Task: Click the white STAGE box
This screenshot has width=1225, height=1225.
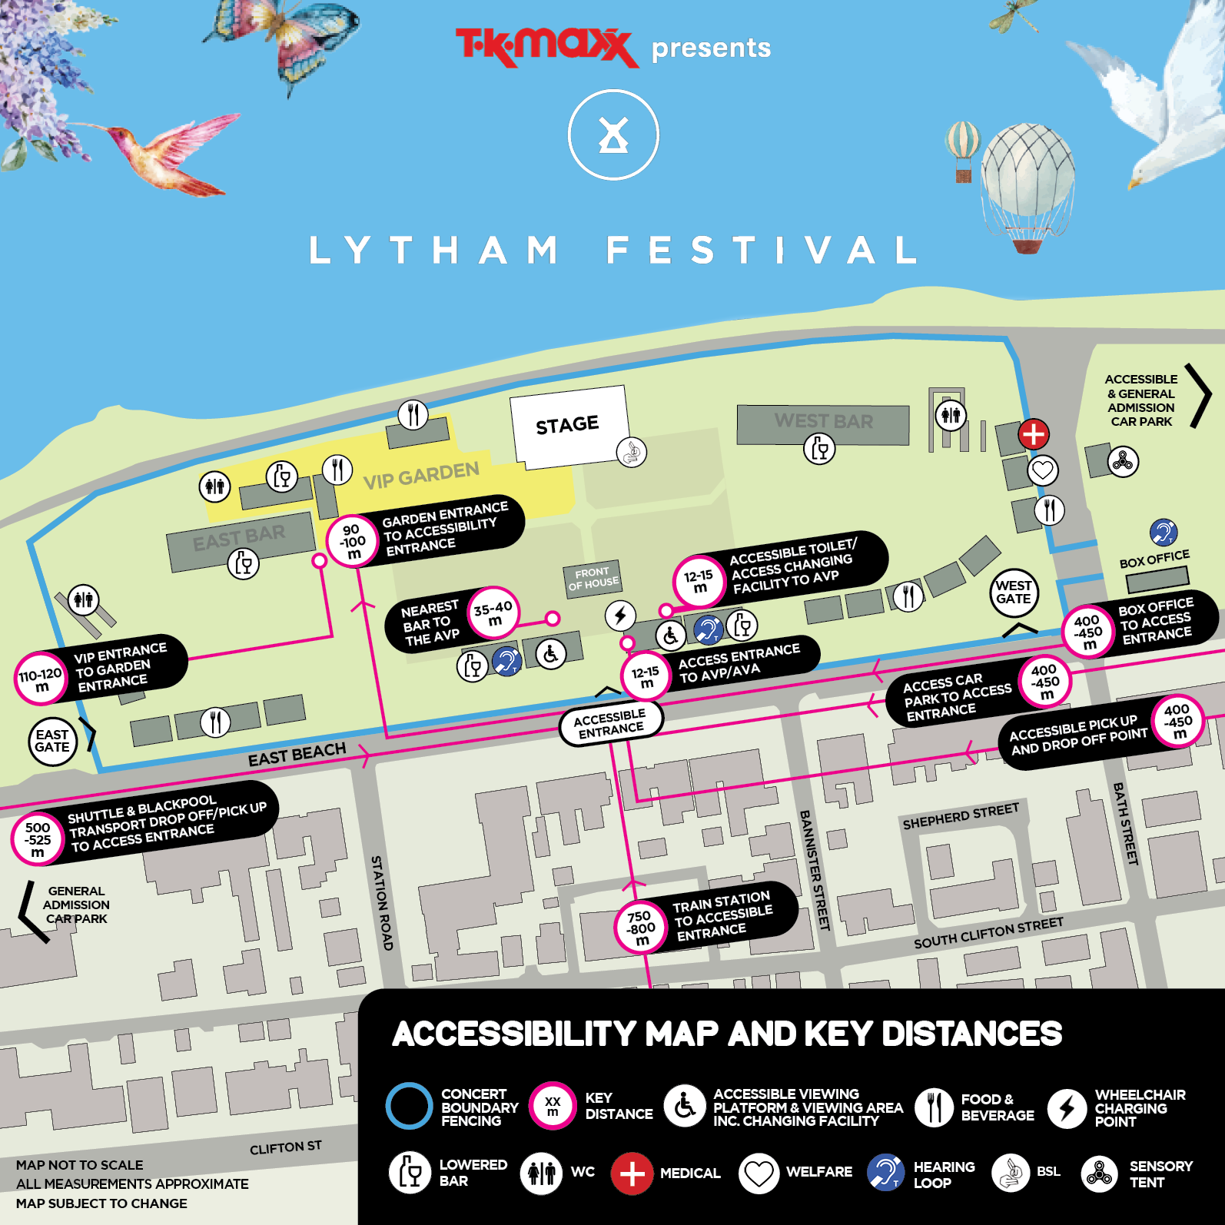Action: (x=568, y=425)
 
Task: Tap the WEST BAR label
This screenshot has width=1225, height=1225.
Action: (x=823, y=421)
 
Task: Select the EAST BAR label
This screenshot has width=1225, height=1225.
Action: (x=239, y=537)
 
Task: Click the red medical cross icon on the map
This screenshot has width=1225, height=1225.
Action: (x=1034, y=434)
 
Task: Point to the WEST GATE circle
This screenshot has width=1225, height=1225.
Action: (x=1014, y=593)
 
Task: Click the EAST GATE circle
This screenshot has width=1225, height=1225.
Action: (x=52, y=741)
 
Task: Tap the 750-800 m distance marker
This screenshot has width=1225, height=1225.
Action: (x=640, y=928)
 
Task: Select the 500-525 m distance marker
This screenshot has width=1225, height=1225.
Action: (x=37, y=839)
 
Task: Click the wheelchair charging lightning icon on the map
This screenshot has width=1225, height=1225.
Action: (x=620, y=615)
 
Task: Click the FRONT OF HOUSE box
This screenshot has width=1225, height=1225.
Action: (x=593, y=577)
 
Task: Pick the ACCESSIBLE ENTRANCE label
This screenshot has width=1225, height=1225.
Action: (x=611, y=723)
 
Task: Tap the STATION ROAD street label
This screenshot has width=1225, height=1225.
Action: (x=382, y=902)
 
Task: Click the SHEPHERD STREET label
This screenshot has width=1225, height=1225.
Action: (x=961, y=816)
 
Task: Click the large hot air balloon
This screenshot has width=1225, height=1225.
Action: (x=1027, y=184)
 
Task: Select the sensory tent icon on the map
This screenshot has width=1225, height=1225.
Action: (x=1123, y=461)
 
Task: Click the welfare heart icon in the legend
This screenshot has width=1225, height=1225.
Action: (x=759, y=1173)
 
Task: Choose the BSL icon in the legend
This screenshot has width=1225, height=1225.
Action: (x=1010, y=1173)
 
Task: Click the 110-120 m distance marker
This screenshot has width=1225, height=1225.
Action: (x=40, y=679)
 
